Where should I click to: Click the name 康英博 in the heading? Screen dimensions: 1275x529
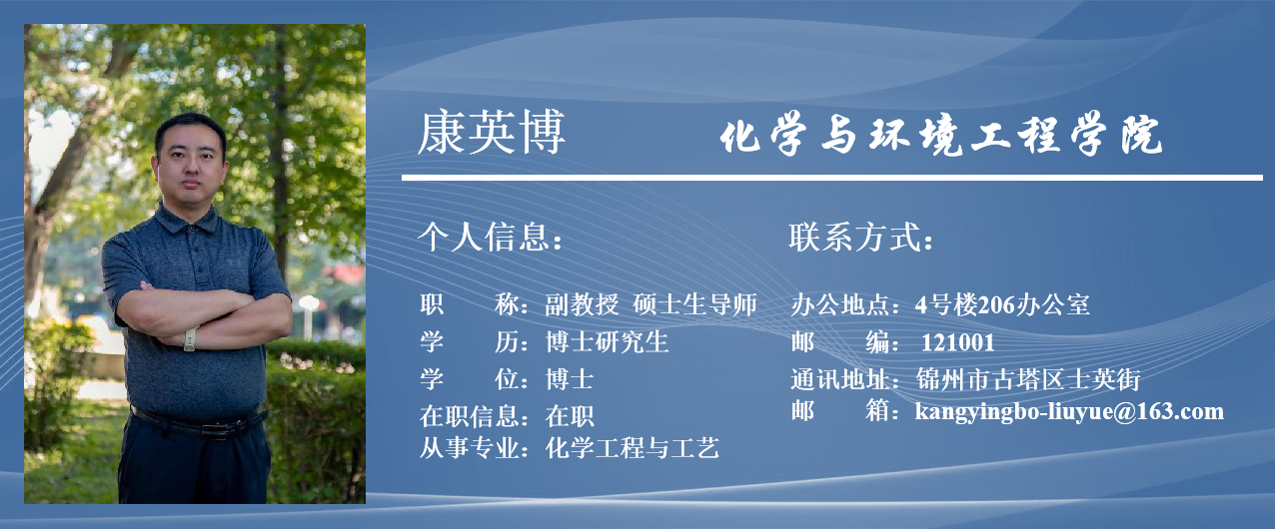[492, 133]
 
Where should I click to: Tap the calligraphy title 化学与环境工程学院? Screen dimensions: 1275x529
[941, 134]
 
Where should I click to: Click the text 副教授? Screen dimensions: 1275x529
[582, 304]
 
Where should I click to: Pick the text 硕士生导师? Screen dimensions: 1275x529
[695, 304]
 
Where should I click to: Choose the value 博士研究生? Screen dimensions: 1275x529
[607, 342]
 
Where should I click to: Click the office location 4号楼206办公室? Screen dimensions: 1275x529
[1002, 305]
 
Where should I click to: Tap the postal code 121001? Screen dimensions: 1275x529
[958, 343]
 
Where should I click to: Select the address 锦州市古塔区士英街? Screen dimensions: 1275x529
[1028, 379]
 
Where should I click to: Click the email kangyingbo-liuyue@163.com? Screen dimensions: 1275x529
[1069, 411]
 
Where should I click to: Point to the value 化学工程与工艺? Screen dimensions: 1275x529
[632, 448]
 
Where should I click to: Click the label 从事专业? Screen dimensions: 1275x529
[470, 448]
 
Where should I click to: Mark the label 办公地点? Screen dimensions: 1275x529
[840, 305]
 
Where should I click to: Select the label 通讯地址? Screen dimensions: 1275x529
[840, 379]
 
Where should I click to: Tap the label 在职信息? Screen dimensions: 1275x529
[470, 416]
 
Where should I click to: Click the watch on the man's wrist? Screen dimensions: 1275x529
[191, 339]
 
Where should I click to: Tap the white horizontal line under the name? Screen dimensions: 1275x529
[832, 178]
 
